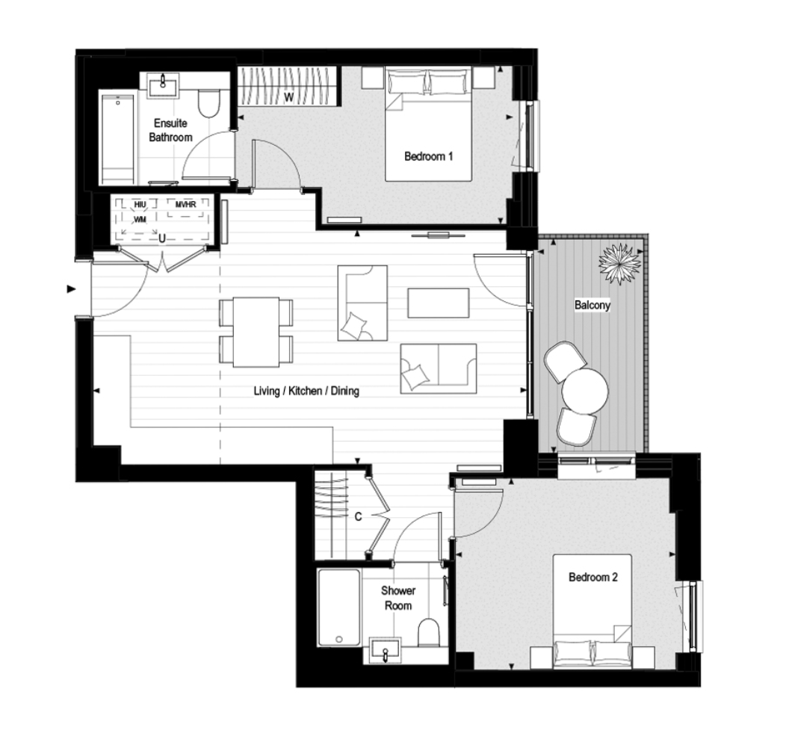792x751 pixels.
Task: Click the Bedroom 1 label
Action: [x=428, y=157]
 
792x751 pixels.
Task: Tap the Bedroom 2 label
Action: [x=593, y=578]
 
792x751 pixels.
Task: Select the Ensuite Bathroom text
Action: [x=170, y=130]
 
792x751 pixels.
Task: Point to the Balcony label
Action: [x=593, y=305]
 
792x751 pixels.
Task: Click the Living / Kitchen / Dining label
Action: [x=306, y=391]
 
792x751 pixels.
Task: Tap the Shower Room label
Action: [x=398, y=598]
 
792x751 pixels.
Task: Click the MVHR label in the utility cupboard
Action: [x=185, y=205]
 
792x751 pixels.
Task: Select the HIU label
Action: [x=140, y=205]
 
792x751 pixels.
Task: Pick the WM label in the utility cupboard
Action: [x=140, y=220]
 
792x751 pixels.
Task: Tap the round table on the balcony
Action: [x=585, y=392]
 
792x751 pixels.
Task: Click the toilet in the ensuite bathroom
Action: [x=208, y=104]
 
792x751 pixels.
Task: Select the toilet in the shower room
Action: [x=429, y=631]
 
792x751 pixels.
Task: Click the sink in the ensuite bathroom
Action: [x=163, y=84]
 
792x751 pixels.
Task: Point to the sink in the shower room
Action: [x=386, y=651]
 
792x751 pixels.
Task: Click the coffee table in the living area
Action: [x=439, y=303]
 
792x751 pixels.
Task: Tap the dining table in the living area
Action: [x=256, y=333]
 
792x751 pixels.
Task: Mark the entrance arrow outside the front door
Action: [x=71, y=289]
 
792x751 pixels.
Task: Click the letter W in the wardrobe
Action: [x=288, y=97]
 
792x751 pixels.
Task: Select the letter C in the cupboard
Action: [x=358, y=516]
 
